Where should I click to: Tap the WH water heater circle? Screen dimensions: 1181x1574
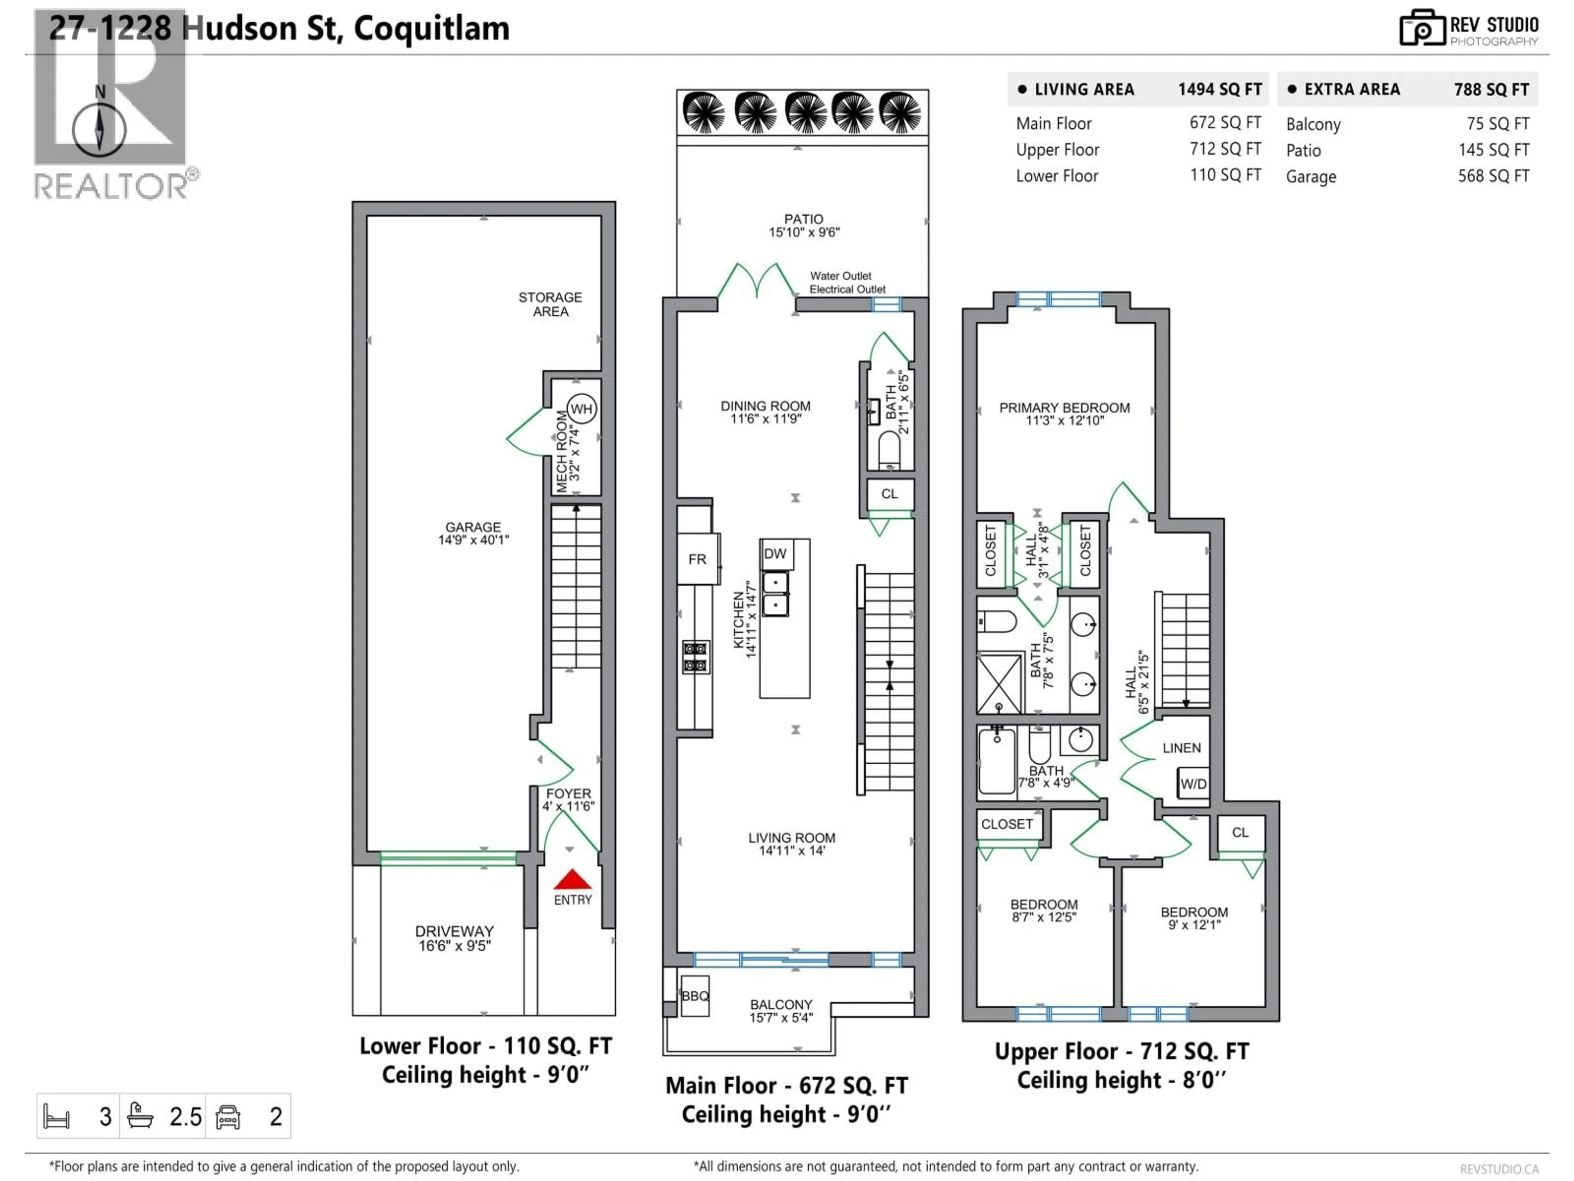(581, 408)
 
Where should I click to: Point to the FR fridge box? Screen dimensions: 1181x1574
(697, 559)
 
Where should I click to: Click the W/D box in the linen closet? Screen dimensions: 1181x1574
(1193, 784)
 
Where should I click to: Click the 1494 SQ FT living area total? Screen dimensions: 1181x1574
(1219, 89)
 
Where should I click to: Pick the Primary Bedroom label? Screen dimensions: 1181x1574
(1064, 408)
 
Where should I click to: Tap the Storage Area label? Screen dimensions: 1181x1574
(550, 304)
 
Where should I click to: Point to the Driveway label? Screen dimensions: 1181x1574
(454, 931)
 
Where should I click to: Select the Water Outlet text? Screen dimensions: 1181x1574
(840, 276)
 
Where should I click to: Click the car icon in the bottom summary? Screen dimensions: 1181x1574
(228, 1116)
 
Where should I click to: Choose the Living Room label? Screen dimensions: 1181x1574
(791, 838)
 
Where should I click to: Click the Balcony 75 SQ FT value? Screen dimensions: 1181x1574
(1497, 124)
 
